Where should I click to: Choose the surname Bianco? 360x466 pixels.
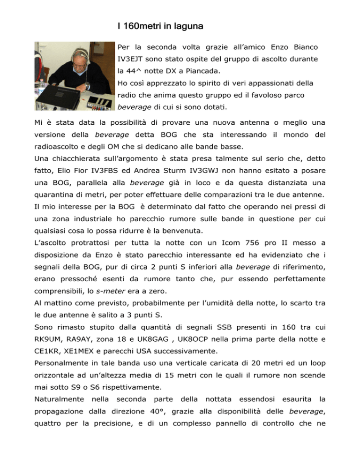304,48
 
